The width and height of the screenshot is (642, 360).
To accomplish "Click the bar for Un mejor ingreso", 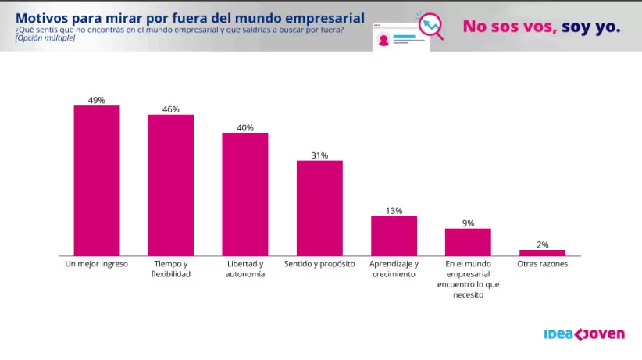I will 97,180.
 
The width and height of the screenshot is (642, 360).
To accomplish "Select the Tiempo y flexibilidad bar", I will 171,185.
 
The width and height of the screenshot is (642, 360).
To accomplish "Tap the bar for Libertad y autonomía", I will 245,194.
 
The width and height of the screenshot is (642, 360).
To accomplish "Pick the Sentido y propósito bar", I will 319,208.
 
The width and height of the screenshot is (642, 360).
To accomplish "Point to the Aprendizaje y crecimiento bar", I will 394,235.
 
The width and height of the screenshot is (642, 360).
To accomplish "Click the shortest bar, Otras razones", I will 542,252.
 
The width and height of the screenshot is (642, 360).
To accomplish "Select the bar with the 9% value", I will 468,242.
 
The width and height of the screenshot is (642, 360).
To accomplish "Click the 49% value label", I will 97,100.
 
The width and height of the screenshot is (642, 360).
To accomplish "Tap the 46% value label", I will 171,109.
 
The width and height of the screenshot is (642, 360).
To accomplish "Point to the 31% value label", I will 319,155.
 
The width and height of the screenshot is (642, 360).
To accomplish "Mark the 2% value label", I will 542,244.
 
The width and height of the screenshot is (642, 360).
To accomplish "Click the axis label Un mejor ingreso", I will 97,264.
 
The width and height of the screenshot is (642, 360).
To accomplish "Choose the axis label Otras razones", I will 542,264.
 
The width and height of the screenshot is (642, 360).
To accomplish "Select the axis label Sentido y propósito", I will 319,264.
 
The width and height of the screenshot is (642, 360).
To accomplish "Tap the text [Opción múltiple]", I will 45,37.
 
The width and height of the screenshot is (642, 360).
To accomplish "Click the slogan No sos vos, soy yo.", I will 541,27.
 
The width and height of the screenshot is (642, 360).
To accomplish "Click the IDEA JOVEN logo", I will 583,334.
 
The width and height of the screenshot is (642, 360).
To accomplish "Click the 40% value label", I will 245,127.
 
